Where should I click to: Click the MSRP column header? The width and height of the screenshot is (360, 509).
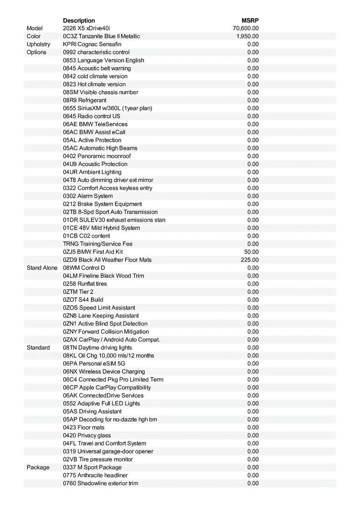[x=250, y=20]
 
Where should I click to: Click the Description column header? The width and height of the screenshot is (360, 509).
[x=79, y=20]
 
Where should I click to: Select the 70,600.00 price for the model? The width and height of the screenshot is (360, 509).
[x=246, y=28]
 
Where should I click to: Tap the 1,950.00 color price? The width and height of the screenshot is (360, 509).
[x=247, y=36]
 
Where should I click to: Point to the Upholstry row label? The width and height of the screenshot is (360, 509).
[x=38, y=44]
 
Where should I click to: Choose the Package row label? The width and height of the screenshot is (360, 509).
[x=38, y=467]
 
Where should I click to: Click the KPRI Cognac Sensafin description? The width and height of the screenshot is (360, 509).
[x=92, y=44]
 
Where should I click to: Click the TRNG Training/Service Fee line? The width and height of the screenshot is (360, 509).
[x=98, y=244]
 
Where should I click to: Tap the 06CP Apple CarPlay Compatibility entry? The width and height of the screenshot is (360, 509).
[x=107, y=387]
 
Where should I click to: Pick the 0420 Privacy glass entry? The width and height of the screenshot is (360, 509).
[x=87, y=435]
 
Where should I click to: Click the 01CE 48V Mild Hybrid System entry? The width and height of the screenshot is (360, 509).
[x=101, y=228]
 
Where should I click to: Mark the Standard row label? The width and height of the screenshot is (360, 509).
[x=38, y=347]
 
